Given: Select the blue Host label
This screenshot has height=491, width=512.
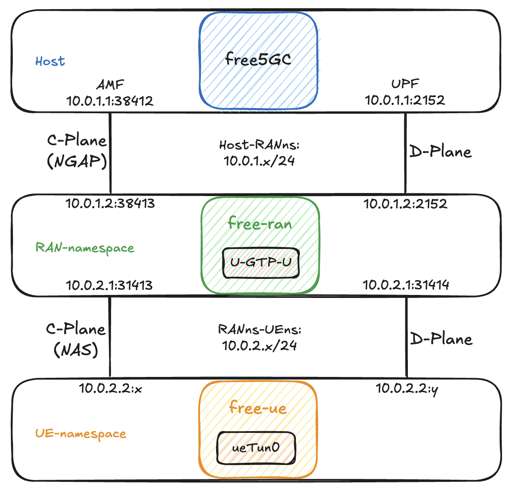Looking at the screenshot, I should [x=50, y=62].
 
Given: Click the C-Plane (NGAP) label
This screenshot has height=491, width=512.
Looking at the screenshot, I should [x=77, y=151].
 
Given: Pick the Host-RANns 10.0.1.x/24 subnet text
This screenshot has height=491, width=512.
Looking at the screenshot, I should [x=259, y=153].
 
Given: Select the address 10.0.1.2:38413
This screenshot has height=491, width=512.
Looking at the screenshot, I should [x=110, y=203].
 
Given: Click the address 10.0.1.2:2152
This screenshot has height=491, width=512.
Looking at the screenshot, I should [x=405, y=203].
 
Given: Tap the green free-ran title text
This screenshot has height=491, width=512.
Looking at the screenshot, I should [x=260, y=224].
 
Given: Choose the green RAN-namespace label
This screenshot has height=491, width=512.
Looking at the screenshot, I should [x=85, y=248].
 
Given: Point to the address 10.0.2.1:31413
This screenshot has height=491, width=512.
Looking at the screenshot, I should [x=109, y=285].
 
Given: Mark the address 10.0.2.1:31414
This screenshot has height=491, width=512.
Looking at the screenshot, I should [x=406, y=285].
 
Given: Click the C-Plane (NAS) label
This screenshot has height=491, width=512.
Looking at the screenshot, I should [x=76, y=339].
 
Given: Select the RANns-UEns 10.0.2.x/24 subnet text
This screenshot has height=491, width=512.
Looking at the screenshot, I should [x=259, y=338].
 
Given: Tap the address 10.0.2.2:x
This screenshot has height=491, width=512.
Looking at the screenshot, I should [x=111, y=389].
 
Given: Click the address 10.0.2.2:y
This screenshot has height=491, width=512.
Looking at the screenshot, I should [x=407, y=389].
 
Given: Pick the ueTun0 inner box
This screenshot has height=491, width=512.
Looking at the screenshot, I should [x=256, y=448].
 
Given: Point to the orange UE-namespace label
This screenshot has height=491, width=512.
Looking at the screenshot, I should [x=81, y=434].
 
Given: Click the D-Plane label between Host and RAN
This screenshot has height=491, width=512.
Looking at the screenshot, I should [x=440, y=152].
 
